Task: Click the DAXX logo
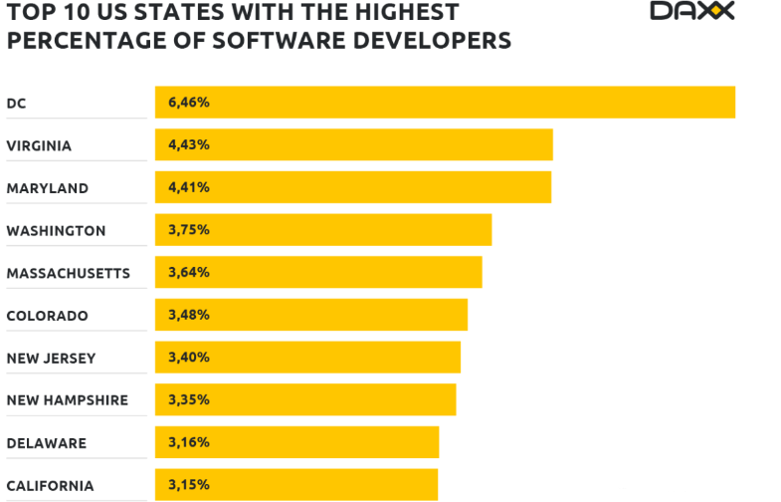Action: pyautogui.click(x=692, y=11)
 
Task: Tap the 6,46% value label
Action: pyautogui.click(x=189, y=103)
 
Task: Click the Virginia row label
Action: pyautogui.click(x=39, y=145)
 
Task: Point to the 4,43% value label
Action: pyautogui.click(x=189, y=144)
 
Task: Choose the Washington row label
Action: pyautogui.click(x=56, y=231)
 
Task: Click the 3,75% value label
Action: pyautogui.click(x=189, y=230)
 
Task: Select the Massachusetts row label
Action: pyautogui.click(x=68, y=273)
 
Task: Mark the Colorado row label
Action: pyautogui.click(x=47, y=316)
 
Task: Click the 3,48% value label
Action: pyautogui.click(x=189, y=315)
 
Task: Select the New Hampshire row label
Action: pyautogui.click(x=67, y=400)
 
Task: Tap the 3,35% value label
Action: pyautogui.click(x=189, y=399)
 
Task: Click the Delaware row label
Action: pyautogui.click(x=46, y=443)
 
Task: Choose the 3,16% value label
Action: pyautogui.click(x=189, y=442)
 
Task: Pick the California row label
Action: pyautogui.click(x=50, y=486)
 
